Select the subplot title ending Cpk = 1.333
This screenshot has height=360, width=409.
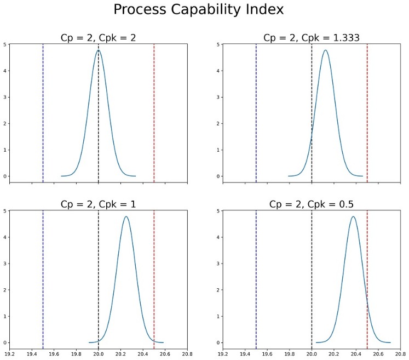[x=312, y=38]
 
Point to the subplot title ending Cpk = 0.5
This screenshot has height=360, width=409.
[x=312, y=204]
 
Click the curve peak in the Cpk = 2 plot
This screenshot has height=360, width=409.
[x=99, y=50]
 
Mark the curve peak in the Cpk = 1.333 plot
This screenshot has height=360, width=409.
[x=326, y=50]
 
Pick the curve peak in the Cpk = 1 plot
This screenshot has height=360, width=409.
[x=126, y=216]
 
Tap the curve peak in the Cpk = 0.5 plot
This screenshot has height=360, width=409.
[x=354, y=216]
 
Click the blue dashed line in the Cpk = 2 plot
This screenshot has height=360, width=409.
[x=43, y=110]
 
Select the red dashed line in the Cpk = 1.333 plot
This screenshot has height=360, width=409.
[x=367, y=110]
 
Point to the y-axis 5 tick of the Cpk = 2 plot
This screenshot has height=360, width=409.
[x=5, y=44]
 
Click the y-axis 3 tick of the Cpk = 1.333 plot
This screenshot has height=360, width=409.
[x=218, y=97]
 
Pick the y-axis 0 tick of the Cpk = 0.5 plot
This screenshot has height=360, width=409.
[x=218, y=343]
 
